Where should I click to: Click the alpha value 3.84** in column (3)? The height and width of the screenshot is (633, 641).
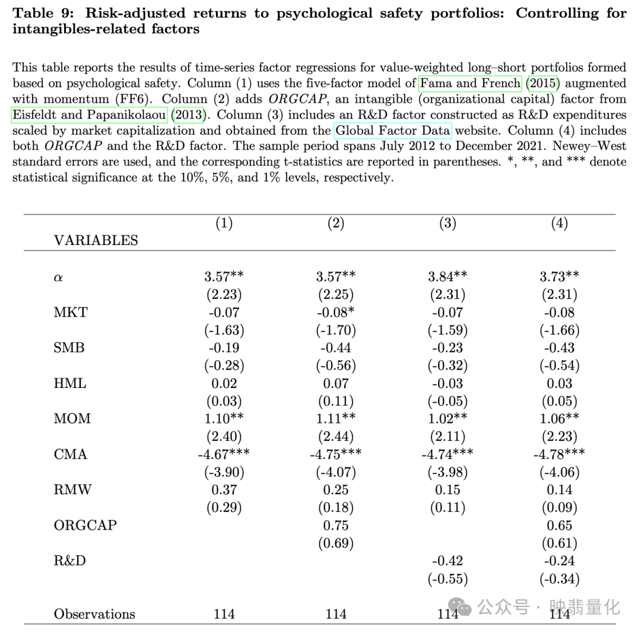(x=448, y=276)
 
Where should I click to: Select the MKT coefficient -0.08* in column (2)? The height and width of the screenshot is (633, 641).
(x=336, y=312)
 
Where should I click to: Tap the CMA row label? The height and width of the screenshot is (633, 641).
(x=71, y=454)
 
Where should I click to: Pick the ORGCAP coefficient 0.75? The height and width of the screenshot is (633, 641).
(x=336, y=526)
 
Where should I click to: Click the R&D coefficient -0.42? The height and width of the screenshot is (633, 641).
(x=448, y=561)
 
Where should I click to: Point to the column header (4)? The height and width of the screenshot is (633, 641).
(x=559, y=223)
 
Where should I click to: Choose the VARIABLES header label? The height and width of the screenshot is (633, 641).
(x=96, y=240)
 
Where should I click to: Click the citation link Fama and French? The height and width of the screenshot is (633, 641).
(x=470, y=83)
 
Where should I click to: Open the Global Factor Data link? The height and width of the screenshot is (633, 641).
(x=393, y=130)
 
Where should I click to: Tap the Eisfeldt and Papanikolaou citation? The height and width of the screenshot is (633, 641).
(x=89, y=114)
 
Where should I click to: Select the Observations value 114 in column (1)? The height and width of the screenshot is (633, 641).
(x=224, y=614)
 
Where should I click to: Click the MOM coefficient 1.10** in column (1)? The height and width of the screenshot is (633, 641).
(x=224, y=419)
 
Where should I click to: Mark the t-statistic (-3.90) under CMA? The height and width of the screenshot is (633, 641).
(x=224, y=472)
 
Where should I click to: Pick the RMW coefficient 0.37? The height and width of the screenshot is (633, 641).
(x=224, y=490)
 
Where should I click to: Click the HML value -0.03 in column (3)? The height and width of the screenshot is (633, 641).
(x=448, y=383)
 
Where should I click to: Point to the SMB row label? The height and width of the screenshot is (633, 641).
(x=69, y=348)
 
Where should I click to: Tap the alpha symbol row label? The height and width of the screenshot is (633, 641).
(x=58, y=277)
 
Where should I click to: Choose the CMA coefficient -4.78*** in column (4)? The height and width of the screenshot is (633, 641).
(x=559, y=454)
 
